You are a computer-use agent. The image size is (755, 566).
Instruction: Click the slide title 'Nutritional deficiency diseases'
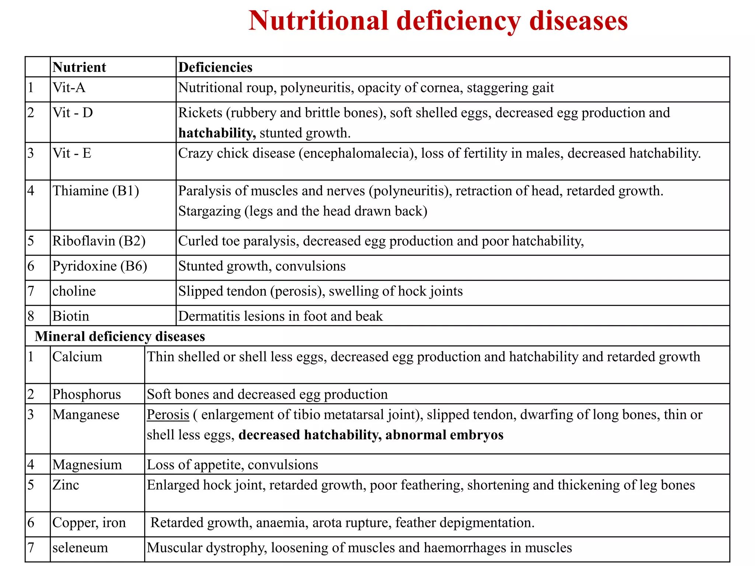tap(438, 21)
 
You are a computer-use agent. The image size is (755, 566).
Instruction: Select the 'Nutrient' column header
tap(79, 67)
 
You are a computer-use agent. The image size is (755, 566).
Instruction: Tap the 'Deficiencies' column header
tap(215, 67)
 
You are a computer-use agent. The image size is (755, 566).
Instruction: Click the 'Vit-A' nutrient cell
tap(69, 88)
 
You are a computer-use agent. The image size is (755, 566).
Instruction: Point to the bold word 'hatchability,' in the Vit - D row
tap(217, 133)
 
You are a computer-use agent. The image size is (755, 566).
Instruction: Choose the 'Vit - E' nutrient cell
tap(72, 153)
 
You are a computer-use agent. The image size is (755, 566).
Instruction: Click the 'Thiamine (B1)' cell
tap(96, 191)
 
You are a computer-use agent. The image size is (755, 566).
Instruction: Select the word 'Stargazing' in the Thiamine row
tap(209, 211)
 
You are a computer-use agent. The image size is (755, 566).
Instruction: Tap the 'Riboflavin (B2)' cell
tap(99, 241)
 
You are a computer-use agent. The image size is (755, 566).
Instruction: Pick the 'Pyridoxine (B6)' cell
tap(100, 266)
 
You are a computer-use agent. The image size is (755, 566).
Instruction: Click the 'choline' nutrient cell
tap(74, 291)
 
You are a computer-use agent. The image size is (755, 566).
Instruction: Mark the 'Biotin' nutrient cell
tap(71, 316)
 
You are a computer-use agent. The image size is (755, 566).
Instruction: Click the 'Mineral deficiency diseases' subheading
tap(120, 336)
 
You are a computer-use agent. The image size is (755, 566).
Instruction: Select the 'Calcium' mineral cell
tap(77, 357)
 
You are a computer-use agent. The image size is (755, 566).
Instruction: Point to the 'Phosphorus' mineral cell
tap(87, 394)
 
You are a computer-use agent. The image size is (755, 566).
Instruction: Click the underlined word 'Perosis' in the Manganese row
tap(168, 415)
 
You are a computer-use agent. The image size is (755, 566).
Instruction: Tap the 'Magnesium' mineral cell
tap(87, 465)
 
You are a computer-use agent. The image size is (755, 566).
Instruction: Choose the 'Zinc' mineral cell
tap(66, 485)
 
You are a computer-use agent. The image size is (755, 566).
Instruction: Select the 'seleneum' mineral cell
tap(80, 548)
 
